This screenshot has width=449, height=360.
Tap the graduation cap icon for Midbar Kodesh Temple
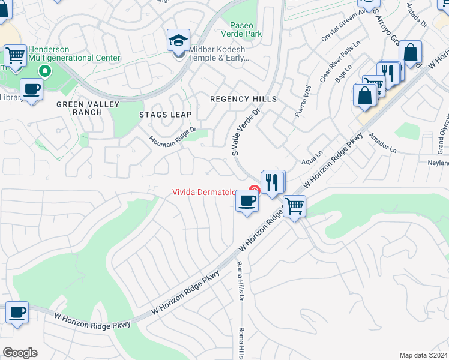click(x=179, y=40)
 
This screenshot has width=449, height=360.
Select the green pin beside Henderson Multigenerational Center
click(x=44, y=72)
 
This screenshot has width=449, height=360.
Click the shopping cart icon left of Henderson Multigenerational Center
click(x=16, y=56)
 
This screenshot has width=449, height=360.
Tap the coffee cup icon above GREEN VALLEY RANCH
click(x=31, y=89)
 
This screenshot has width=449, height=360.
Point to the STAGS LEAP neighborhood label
click(x=165, y=115)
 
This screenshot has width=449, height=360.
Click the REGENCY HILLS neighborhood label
click(x=243, y=99)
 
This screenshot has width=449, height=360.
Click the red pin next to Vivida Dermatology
click(x=254, y=191)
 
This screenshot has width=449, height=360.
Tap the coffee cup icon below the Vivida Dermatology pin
click(x=246, y=200)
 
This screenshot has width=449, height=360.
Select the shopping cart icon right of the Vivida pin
click(x=294, y=206)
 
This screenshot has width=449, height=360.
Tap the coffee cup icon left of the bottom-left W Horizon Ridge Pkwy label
click(x=17, y=313)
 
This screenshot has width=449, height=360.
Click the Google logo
click(x=20, y=353)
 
